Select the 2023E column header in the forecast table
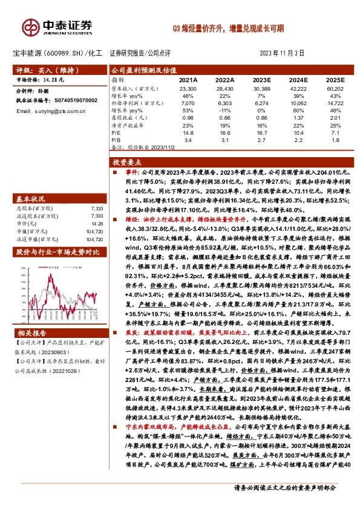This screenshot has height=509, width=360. tap(261, 79)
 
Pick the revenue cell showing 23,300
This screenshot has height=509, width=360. tap(188, 88)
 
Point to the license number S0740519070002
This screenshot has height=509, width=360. tap(70, 100)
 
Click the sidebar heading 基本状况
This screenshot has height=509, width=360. tap(30, 198)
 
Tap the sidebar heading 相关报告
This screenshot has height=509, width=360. tap(30, 333)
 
